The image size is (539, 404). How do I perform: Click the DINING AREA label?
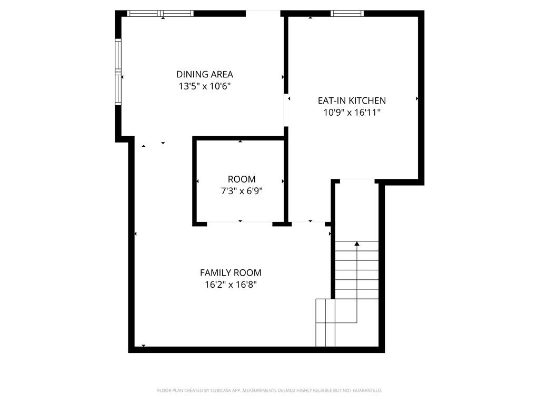(204, 74)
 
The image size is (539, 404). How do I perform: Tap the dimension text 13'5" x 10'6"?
(204, 86)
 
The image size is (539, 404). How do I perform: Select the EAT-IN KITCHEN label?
(352, 100)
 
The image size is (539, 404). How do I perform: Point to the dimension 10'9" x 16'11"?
(352, 112)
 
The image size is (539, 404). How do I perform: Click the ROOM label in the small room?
(242, 179)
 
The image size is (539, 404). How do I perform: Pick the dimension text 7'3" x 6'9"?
(242, 191)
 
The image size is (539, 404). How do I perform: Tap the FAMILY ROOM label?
(231, 272)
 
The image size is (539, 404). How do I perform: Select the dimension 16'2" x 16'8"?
(231, 285)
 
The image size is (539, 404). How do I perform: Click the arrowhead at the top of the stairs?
(357, 244)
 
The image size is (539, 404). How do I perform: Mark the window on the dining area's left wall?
(118, 72)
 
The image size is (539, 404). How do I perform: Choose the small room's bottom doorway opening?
(239, 224)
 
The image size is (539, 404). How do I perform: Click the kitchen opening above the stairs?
(357, 181)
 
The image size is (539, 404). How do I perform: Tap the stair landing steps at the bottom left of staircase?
(325, 322)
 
